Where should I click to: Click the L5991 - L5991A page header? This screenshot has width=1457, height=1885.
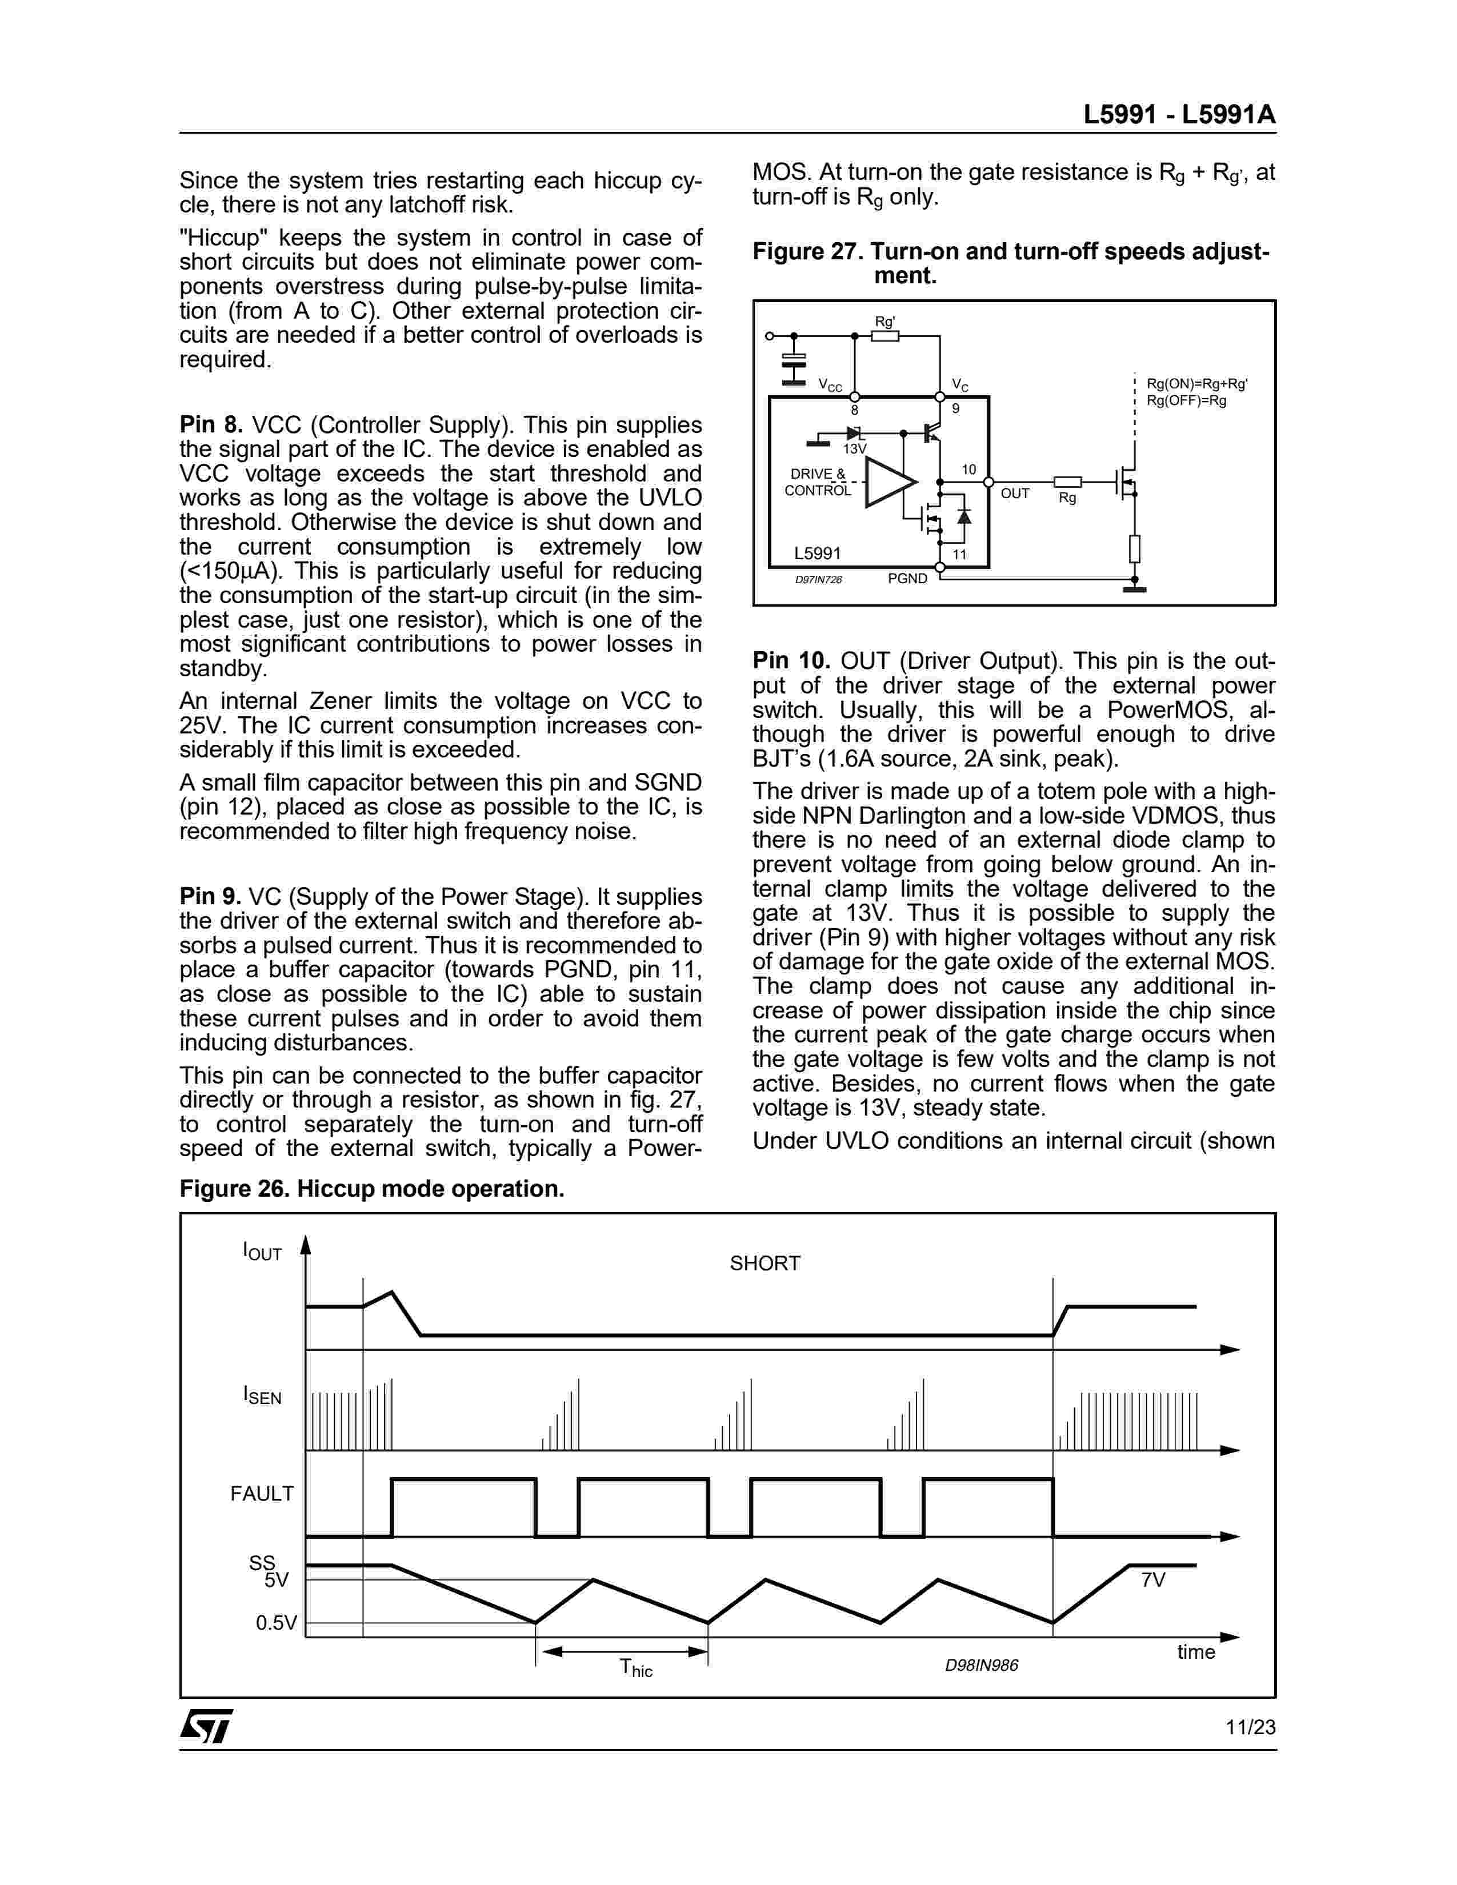[x=1179, y=115]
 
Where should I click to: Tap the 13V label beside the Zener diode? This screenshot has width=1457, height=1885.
[x=854, y=450]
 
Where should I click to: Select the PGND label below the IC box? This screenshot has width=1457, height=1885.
[x=907, y=578]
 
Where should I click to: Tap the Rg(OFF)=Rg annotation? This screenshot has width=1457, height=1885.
[x=1186, y=400]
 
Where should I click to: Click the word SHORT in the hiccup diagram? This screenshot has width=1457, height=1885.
[x=764, y=1264]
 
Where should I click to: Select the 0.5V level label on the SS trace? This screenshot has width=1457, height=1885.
[x=276, y=1623]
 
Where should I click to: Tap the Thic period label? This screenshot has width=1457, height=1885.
[x=636, y=1669]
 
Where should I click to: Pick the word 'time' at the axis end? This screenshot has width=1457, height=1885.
[x=1195, y=1652]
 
